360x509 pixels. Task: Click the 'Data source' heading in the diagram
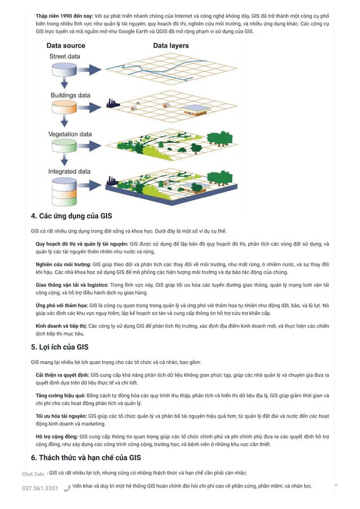(66, 45)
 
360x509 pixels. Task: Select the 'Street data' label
(65, 56)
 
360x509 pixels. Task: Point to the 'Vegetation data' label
(71, 134)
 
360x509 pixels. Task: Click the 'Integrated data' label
(69, 172)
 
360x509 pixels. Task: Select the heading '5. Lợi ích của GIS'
(59, 347)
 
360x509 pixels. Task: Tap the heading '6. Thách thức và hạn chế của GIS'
(86, 458)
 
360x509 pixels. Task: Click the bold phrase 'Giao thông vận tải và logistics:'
(72, 285)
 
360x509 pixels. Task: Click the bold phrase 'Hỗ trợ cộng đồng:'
(56, 437)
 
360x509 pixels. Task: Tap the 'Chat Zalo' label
(33, 474)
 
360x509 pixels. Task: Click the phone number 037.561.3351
(40, 488)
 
